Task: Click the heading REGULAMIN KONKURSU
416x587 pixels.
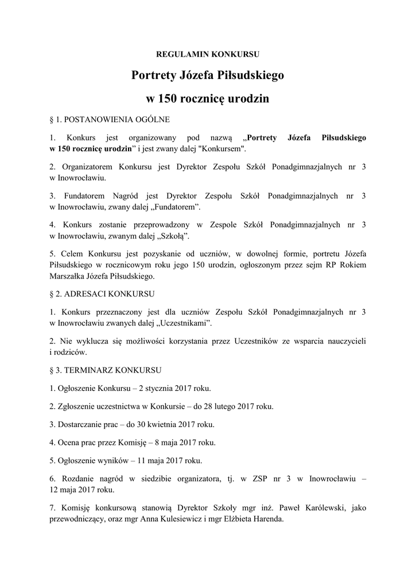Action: tap(208, 55)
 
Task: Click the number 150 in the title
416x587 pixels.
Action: tap(169, 98)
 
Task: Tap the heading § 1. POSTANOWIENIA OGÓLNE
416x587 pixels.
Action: tap(109, 120)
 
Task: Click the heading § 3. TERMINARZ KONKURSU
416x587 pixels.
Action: tap(106, 370)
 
